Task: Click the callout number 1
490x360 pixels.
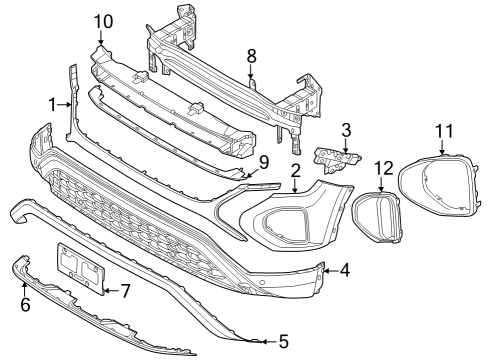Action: click(53, 105)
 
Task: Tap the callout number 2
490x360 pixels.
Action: click(295, 170)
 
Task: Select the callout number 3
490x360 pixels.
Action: click(346, 130)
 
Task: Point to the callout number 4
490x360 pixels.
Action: click(345, 270)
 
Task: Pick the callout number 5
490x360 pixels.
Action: click(284, 341)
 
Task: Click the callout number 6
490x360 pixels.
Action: click(25, 304)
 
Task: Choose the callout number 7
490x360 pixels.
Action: click(125, 291)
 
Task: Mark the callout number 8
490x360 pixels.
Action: click(251, 56)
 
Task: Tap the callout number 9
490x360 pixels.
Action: click(264, 163)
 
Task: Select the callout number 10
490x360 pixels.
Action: click(103, 21)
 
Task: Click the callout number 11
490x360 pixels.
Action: click(445, 131)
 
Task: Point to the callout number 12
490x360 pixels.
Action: click(384, 168)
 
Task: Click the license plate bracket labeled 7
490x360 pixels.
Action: click(81, 268)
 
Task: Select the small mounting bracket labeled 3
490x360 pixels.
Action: click(337, 159)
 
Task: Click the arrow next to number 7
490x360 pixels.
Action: click(111, 291)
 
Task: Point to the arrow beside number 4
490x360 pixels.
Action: click(331, 271)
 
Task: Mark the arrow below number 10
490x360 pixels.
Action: click(101, 38)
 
